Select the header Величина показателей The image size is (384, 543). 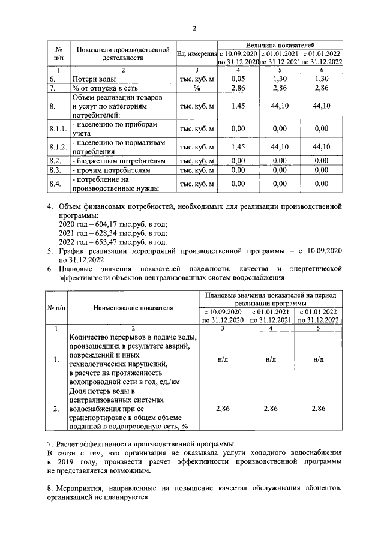[280, 45]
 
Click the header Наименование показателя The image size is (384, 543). [133, 308]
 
